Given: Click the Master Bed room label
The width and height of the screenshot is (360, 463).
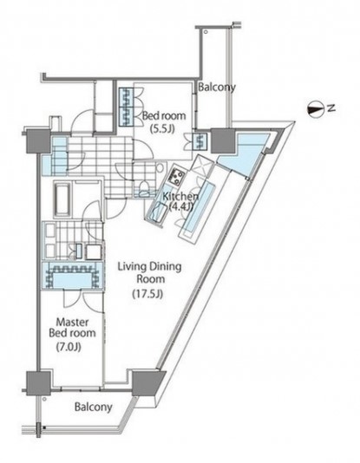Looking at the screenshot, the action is click(72, 328).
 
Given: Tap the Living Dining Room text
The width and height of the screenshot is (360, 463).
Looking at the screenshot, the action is click(150, 272).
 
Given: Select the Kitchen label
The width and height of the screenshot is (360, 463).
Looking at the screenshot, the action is click(180, 196).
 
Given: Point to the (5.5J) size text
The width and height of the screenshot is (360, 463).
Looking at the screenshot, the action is click(162, 129).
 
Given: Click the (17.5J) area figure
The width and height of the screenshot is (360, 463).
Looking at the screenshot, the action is click(147, 294).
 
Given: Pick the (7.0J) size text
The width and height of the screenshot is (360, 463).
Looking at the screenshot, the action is click(69, 347).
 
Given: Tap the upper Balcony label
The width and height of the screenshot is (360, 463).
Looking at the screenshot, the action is click(217, 88).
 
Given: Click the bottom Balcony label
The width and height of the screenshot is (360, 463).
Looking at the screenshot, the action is click(94, 408).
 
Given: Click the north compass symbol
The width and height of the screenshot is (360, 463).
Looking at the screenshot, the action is click(316, 110).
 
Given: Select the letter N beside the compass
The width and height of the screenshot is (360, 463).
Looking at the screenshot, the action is click(331, 108).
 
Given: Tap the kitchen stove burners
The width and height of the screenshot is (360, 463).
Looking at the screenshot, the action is click(176, 176).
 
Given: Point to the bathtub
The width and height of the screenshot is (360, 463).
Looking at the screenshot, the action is click(62, 199).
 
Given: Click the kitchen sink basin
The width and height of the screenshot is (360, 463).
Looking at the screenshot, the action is click(157, 212).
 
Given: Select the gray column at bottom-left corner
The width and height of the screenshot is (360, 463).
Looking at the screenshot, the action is click(38, 383).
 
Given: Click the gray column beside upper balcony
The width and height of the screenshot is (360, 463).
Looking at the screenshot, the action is click(222, 140).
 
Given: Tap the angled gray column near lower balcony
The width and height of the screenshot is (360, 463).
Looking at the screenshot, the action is click(147, 383).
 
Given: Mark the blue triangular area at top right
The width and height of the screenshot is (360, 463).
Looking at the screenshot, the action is click(245, 153).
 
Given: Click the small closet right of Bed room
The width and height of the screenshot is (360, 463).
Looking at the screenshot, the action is click(200, 141).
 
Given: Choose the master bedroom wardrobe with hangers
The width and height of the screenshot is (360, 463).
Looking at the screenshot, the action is click(73, 276).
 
